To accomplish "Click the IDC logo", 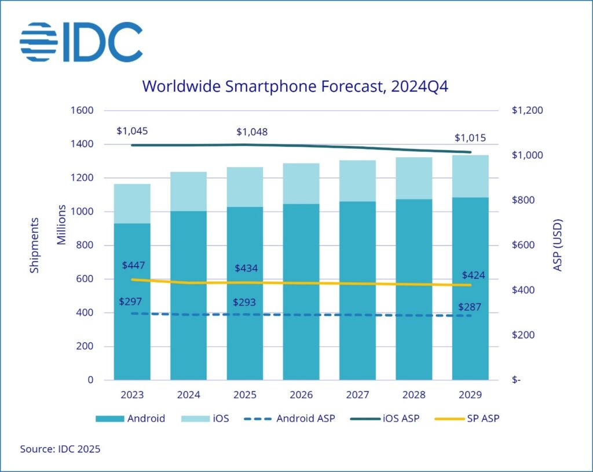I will point(81,42).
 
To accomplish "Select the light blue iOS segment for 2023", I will point(132,204).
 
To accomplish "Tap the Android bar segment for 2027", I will point(357,290).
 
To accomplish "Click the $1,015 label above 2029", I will point(470,138).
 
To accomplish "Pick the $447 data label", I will point(133,265).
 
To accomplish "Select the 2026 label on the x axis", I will point(301,395).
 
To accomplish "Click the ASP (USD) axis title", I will point(558,245).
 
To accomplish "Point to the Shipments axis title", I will point(35,245).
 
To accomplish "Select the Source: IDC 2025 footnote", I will point(60,449).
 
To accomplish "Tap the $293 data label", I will point(245,303).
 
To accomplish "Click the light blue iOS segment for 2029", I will point(470,176).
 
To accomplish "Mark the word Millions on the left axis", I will point(61,224).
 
